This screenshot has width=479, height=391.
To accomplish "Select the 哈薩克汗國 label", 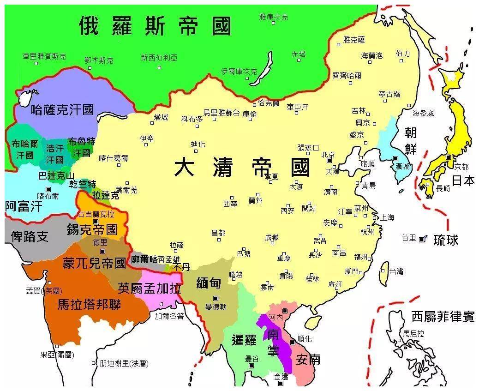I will (62, 110).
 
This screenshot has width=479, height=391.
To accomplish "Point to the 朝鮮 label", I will (411, 141).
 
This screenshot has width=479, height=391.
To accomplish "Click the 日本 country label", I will (463, 180).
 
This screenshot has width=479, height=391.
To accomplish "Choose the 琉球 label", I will (445, 240).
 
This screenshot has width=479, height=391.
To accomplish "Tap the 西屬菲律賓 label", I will (443, 317).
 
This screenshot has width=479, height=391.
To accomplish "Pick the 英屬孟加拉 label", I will (149, 289).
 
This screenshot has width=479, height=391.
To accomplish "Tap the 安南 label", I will (308, 359).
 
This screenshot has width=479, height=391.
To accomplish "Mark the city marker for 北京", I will (329, 160).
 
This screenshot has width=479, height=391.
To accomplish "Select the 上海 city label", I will (387, 218).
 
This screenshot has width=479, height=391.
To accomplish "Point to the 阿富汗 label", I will (24, 205).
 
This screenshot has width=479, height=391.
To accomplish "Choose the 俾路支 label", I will (29, 236).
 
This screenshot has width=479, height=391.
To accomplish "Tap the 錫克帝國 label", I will (92, 229).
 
